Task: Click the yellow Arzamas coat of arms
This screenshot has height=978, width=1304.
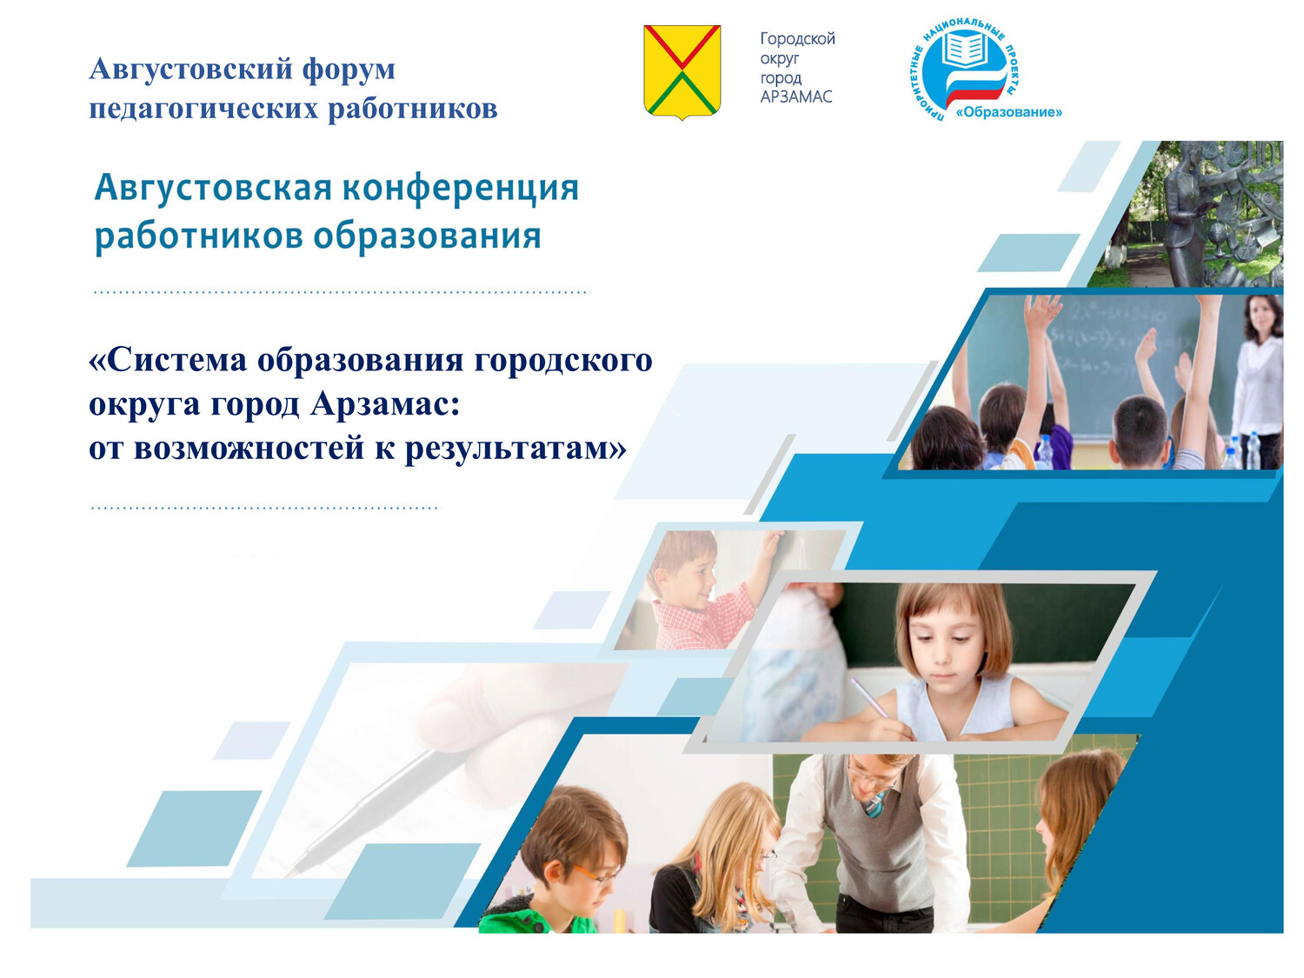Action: pyautogui.click(x=682, y=72)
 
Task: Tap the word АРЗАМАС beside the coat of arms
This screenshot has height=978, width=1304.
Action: pyautogui.click(x=796, y=96)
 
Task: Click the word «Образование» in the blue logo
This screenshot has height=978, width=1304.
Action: pyautogui.click(x=1008, y=112)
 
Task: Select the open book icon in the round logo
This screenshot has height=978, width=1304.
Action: pyautogui.click(x=964, y=49)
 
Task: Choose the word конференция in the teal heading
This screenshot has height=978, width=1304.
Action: pyautogui.click(x=461, y=189)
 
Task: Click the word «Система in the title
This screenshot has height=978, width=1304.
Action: pyautogui.click(x=168, y=361)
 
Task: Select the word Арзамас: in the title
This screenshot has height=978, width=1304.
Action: pyautogui.click(x=385, y=405)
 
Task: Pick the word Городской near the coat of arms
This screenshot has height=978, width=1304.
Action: pyautogui.click(x=797, y=39)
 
